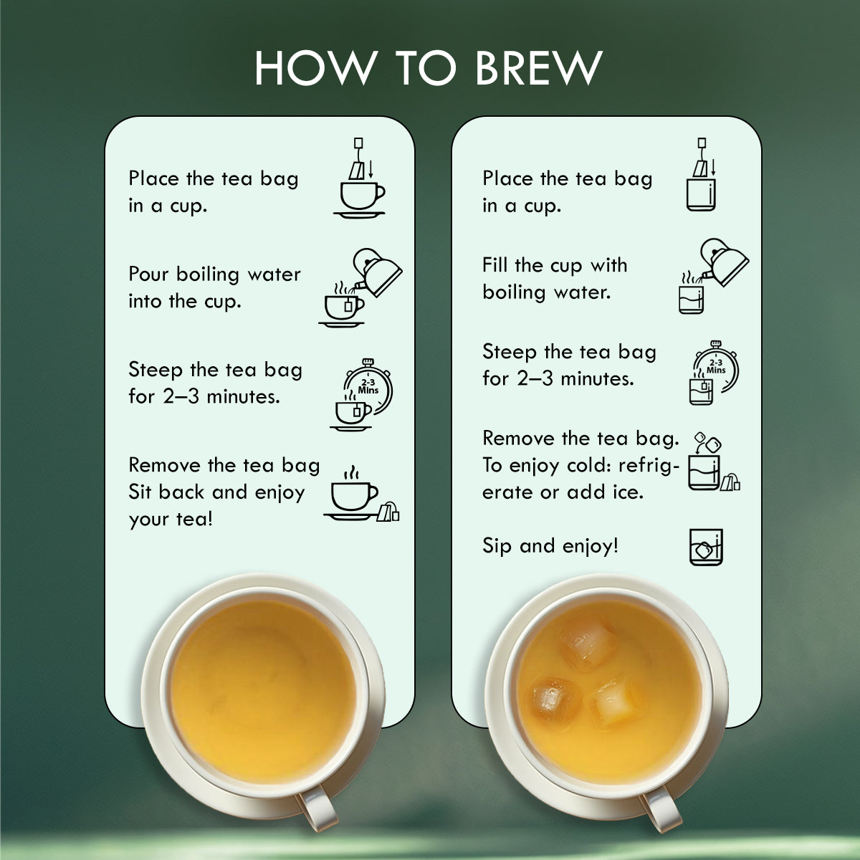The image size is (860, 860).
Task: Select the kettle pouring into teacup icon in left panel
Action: pos(360,287)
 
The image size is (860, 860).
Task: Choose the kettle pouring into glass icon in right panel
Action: pos(712,276)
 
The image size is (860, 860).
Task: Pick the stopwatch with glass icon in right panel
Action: pos(712,373)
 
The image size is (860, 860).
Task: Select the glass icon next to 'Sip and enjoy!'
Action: pos(706,547)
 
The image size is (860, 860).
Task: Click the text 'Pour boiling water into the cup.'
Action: pos(214,287)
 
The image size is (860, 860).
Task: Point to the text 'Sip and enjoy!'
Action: pos(550,546)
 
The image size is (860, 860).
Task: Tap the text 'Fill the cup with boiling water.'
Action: pos(555,278)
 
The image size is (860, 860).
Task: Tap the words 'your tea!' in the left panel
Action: pos(171,519)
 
